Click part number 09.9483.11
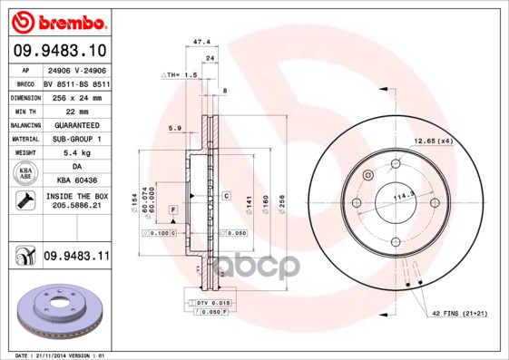click(75, 258)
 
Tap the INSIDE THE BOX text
click(75, 196)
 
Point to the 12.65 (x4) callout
click(434, 141)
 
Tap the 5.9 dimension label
click(174, 129)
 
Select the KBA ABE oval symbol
click(26, 174)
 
